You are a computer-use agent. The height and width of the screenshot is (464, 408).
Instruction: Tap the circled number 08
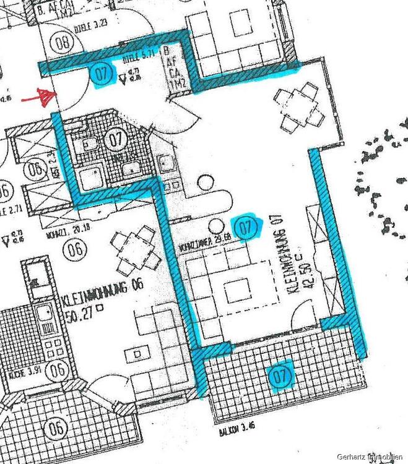(x=61, y=43)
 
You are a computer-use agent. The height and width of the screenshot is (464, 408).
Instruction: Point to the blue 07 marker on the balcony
(x=280, y=375)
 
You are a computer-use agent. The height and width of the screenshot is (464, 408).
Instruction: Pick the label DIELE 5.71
(x=137, y=58)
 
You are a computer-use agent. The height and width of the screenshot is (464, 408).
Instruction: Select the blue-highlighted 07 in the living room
(x=246, y=227)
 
